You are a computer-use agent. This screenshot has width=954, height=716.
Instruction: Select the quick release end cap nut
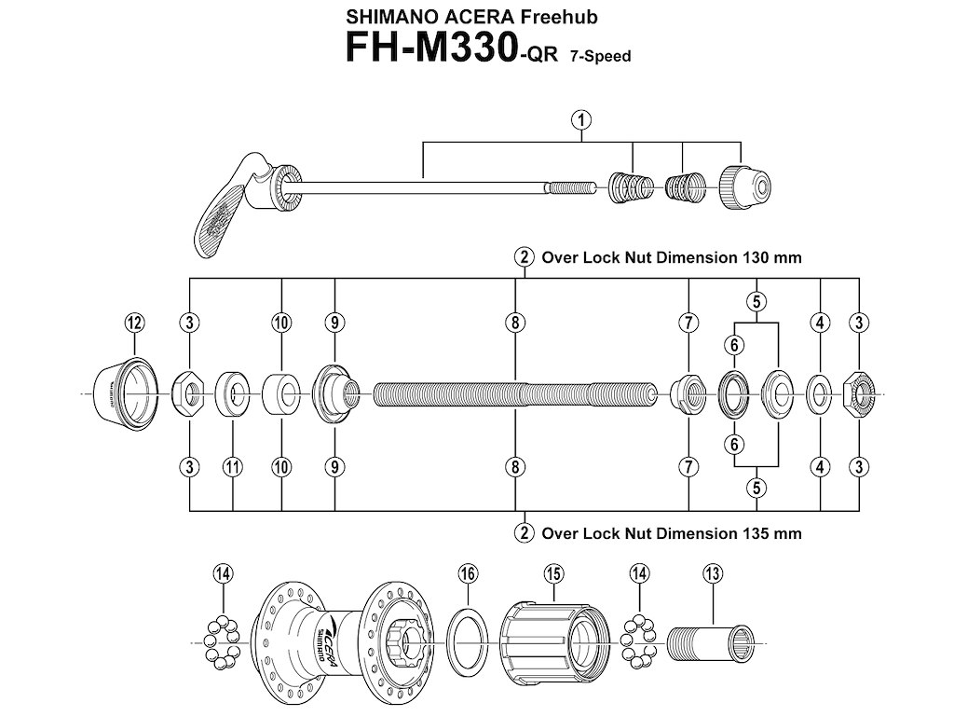743,186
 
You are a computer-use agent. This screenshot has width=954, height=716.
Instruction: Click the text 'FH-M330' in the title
425,48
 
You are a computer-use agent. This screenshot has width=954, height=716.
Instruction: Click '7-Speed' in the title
596,57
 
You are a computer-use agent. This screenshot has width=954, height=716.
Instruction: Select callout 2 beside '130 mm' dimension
525,257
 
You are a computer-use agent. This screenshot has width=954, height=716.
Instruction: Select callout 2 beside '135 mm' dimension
525,533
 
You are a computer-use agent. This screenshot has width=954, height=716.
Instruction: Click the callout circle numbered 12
134,323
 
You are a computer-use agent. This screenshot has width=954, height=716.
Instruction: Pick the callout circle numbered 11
232,466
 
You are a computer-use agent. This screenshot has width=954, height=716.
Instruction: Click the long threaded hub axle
514,394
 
